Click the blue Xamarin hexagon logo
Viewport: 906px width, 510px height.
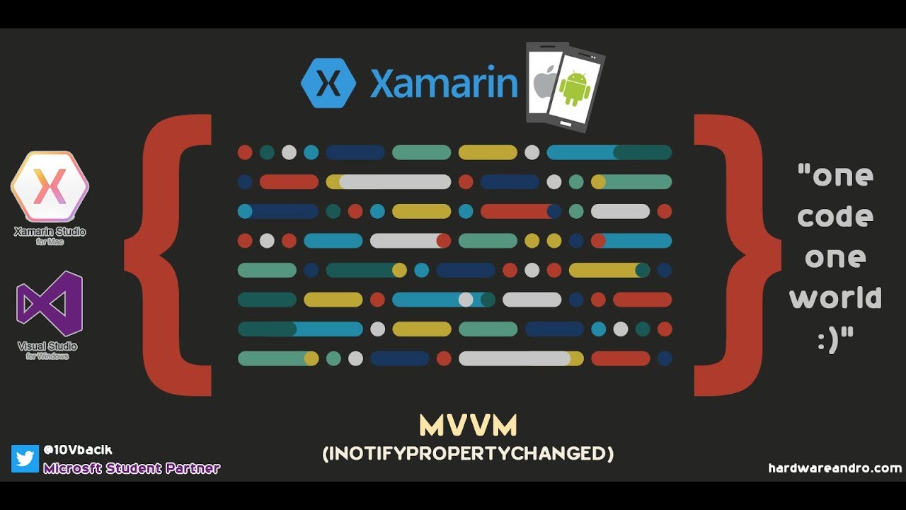coord(328,84)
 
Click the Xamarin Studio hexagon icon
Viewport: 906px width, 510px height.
coord(50,186)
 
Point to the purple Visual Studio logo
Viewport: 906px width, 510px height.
coord(50,304)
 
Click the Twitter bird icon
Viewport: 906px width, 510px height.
coord(25,458)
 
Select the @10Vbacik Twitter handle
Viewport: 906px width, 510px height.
coord(78,450)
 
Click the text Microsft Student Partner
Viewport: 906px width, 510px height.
coord(132,468)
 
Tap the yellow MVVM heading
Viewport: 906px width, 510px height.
coord(468,426)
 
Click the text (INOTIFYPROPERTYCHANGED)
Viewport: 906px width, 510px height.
coord(468,453)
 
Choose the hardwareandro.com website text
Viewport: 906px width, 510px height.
coord(835,468)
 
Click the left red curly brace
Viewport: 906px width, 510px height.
coord(170,255)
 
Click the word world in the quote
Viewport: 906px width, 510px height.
coord(835,297)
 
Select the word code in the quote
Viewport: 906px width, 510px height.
coord(835,216)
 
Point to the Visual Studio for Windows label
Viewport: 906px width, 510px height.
coord(48,350)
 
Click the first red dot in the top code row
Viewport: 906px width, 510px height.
coord(245,152)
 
